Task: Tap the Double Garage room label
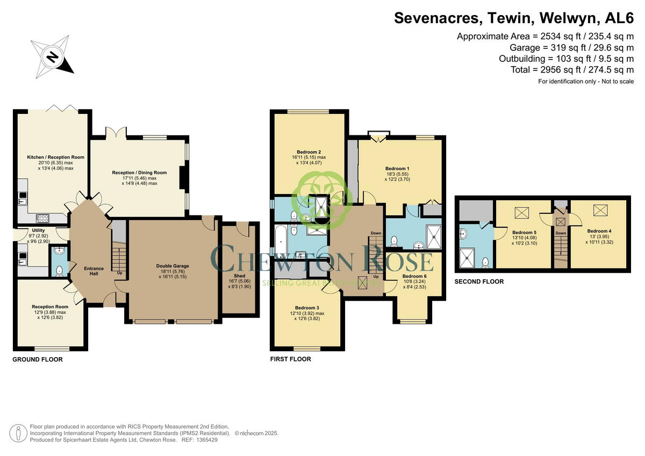[173, 266]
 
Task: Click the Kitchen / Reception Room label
[56, 157]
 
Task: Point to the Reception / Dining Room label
[139, 172]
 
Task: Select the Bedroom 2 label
[308, 151]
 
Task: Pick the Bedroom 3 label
[307, 308]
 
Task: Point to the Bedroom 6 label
[414, 277]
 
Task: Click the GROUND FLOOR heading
[38, 359]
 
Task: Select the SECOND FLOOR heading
[479, 281]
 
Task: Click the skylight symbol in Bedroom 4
[599, 210]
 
